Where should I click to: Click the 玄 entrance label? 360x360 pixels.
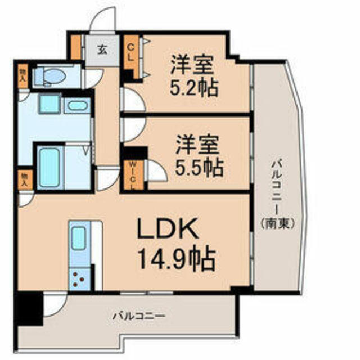tap(102, 49)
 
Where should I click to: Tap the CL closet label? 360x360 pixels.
tap(130, 52)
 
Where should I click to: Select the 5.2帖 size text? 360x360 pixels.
tap(194, 89)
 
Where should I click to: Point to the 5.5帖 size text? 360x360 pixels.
tap(199, 168)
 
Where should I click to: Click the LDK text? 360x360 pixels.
tap(168, 228)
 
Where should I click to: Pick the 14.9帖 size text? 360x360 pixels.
tap(177, 259)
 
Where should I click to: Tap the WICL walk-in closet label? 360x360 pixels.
tap(133, 175)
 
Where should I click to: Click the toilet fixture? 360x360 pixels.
tap(49, 76)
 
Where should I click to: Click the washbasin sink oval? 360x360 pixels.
tap(78, 106)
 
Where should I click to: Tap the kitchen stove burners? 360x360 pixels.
tap(78, 279)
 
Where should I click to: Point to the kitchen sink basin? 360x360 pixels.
tap(79, 238)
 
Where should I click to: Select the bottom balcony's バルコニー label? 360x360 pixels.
tap(138, 316)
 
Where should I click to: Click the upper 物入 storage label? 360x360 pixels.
tap(23, 76)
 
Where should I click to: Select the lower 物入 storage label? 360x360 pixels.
tap(24, 179)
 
